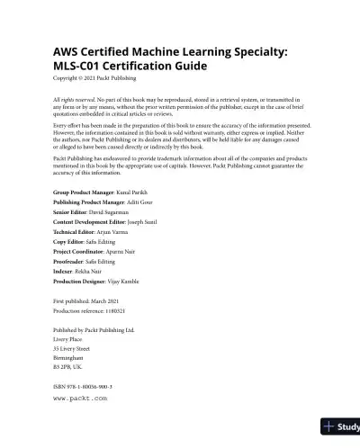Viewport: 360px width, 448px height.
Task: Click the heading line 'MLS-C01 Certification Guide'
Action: (130, 67)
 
